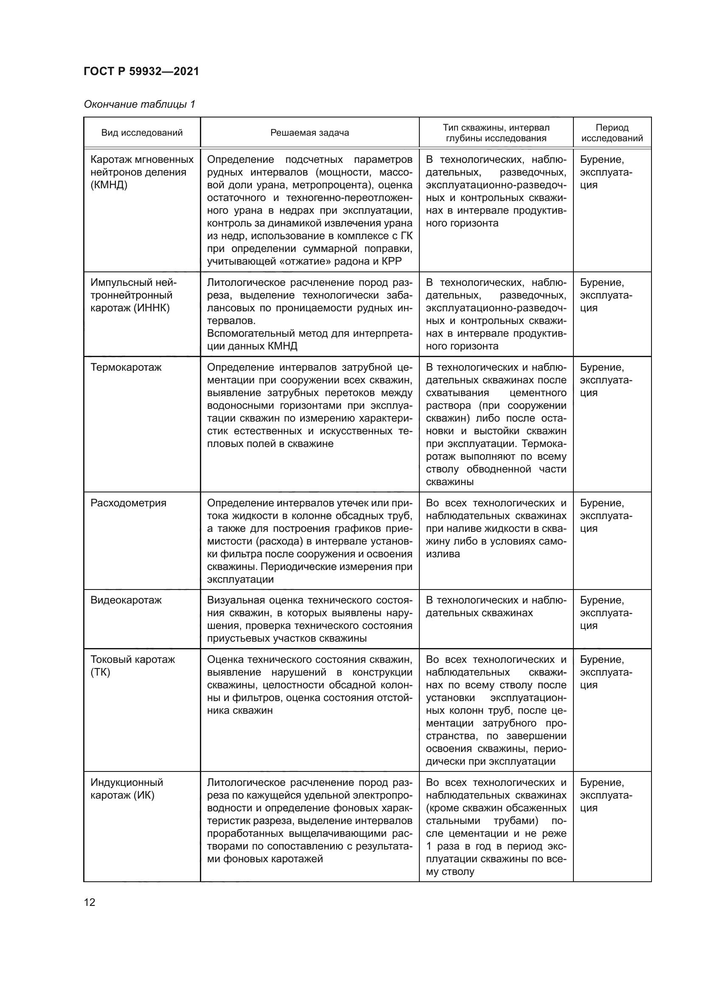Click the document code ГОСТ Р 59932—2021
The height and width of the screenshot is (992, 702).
pos(141,71)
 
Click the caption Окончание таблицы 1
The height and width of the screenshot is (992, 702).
pos(139,104)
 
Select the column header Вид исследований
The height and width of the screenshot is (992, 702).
pos(142,133)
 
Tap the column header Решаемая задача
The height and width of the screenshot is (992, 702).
pos(309,133)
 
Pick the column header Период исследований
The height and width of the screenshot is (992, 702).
pos(612,133)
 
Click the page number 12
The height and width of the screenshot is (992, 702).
pos(90,902)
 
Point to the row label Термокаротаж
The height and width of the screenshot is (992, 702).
pos(126,367)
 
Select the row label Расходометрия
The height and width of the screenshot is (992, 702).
pos(128,503)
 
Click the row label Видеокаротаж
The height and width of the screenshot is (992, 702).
pos(126,600)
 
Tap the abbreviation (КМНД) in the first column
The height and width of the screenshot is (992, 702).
pos(109,185)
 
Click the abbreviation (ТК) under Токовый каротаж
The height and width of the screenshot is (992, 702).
pos(100,672)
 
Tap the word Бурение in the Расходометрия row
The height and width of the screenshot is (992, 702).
pos(601,503)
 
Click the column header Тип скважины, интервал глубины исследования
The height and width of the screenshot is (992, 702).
pos(496,133)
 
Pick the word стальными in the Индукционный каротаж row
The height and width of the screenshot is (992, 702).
pos(452,821)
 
